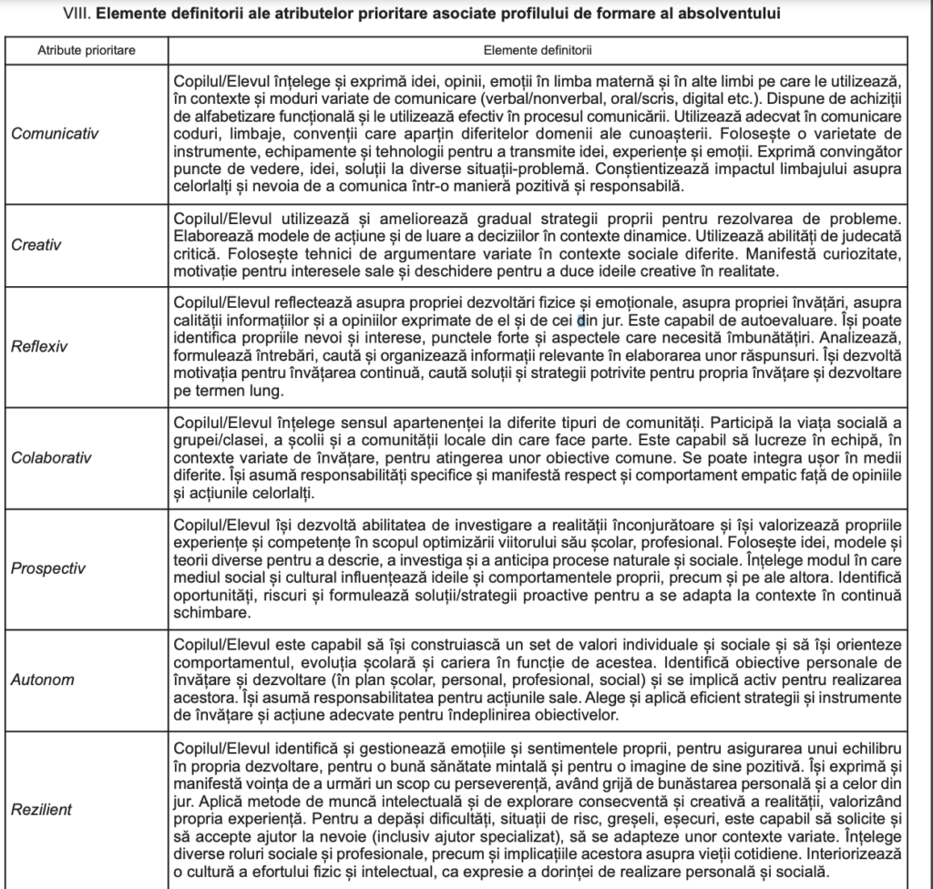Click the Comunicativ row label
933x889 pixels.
(55, 133)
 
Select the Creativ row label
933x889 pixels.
(35, 244)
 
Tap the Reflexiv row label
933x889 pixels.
(38, 346)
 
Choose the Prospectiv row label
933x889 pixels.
(48, 568)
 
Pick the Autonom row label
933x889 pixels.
(43, 680)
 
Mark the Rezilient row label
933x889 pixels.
(42, 809)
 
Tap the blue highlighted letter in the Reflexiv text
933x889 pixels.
(580, 321)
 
